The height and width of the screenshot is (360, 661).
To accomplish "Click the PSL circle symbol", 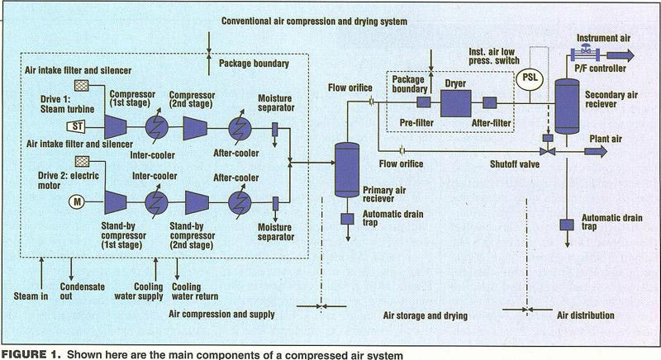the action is pos(530,78).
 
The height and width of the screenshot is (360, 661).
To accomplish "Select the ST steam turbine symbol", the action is pos(76,126).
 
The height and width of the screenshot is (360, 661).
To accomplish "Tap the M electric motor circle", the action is pos(77,202).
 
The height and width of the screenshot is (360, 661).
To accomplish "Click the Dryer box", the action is pos(456,103).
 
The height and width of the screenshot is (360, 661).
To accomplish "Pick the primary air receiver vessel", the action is pos(347,170).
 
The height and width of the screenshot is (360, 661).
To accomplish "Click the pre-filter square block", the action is pos(423,102).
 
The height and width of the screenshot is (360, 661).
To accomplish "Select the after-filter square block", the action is pos(489,102).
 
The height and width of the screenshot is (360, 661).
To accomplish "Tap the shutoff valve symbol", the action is pos(548,151).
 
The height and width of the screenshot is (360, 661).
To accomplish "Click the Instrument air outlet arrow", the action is pos(621,55).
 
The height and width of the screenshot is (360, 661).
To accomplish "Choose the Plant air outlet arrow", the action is pos(596,151).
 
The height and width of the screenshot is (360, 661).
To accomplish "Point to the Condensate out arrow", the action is pos(71,269).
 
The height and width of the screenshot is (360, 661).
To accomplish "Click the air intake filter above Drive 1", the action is pos(81,86).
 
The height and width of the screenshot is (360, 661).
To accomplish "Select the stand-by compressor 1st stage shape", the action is pos(116,202).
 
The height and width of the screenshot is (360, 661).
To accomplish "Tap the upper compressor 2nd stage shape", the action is pos(195,128).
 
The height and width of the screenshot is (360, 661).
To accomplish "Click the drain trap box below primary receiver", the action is pos(347,219).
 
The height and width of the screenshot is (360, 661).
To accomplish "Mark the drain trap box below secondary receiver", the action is pos(567,225).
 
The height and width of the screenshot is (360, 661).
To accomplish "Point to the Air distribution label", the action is pos(586,315).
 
